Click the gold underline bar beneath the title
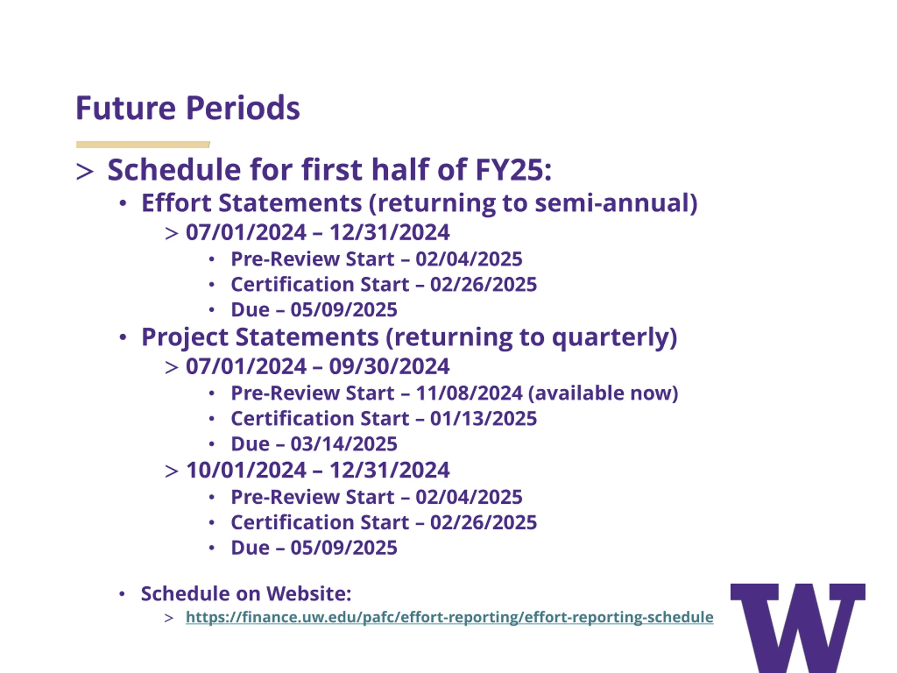(x=143, y=144)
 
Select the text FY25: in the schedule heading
(x=513, y=170)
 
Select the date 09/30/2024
(x=389, y=366)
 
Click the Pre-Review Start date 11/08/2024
(x=469, y=393)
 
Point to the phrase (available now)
(x=603, y=393)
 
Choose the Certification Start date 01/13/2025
(x=484, y=418)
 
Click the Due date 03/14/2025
(x=344, y=444)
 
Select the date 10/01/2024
(x=246, y=470)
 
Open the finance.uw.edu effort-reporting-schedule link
(x=449, y=617)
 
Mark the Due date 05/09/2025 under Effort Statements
(x=344, y=310)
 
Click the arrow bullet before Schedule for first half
(x=85, y=171)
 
